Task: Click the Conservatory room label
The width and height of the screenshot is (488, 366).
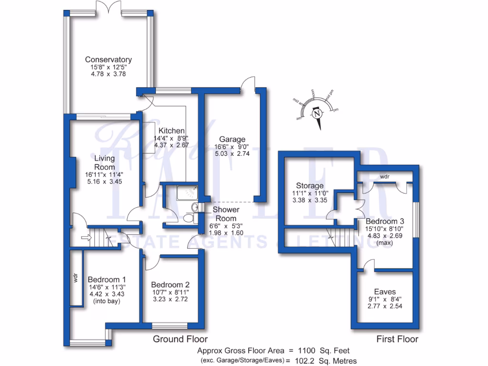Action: pyautogui.click(x=108, y=60)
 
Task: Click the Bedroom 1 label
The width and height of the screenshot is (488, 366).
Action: pyautogui.click(x=107, y=280)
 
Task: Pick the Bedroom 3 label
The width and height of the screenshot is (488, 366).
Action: pyautogui.click(x=385, y=221)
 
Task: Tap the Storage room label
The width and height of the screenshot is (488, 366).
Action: pyautogui.click(x=310, y=185)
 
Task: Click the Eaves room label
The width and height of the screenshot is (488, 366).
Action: pyautogui.click(x=385, y=292)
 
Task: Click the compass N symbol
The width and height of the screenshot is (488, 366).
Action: pyautogui.click(x=316, y=113)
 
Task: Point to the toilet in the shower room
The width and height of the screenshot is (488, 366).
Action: pyautogui.click(x=189, y=218)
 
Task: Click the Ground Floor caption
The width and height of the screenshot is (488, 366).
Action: pyautogui.click(x=180, y=339)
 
